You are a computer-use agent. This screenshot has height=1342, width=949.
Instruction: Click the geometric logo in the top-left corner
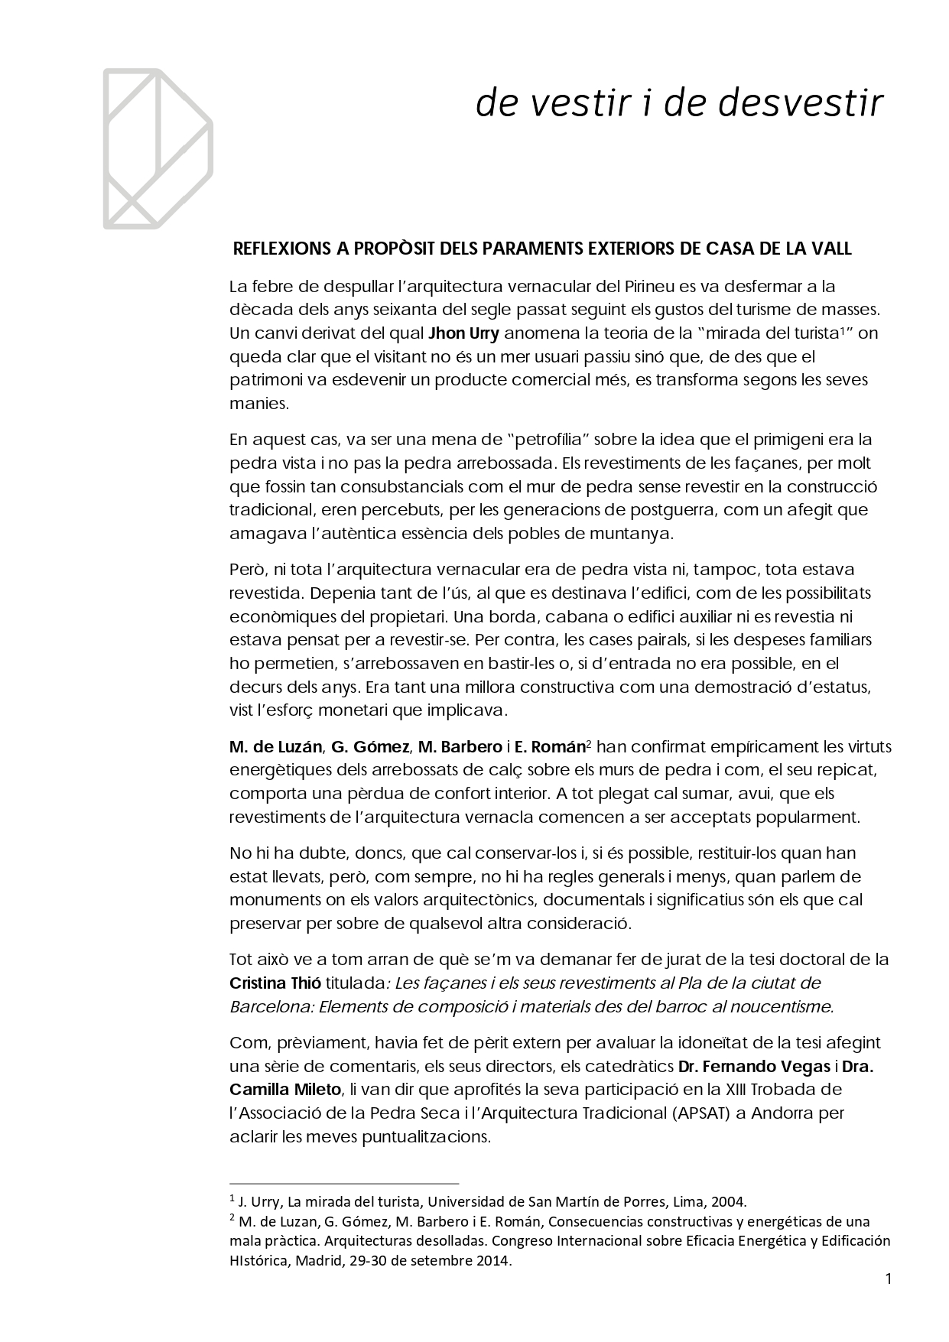click(158, 149)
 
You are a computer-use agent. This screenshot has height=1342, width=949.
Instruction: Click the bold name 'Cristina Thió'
click(275, 983)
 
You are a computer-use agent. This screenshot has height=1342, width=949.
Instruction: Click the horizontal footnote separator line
click(343, 1181)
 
